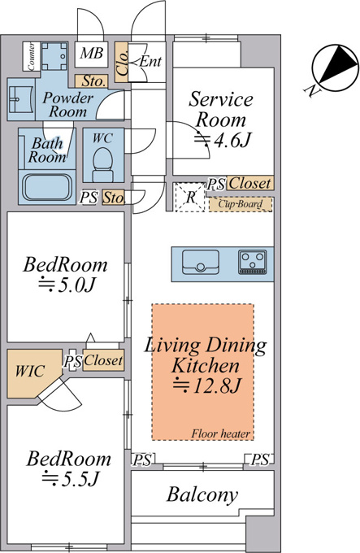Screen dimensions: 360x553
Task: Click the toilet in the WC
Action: tap(102, 164)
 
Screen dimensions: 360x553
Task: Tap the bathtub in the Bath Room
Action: tap(47, 187)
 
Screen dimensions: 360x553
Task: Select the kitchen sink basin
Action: tap(201, 262)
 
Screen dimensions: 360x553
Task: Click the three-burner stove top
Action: tap(253, 262)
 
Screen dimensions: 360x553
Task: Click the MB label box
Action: tap(91, 54)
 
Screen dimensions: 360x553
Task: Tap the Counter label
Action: tap(32, 56)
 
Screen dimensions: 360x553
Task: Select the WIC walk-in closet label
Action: tap(30, 372)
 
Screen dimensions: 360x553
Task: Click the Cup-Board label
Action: tap(241, 204)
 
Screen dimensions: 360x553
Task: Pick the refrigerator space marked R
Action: tap(190, 197)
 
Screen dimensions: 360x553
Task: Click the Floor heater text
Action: tap(221, 433)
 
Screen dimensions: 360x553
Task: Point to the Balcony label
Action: tap(202, 494)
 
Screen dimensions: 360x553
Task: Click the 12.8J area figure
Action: tap(207, 385)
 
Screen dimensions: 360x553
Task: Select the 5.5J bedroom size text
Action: tap(70, 478)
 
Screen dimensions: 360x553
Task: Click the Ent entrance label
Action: tap(150, 61)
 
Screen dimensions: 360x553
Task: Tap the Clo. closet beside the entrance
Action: tap(122, 63)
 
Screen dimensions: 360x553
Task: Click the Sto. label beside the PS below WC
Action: tap(114, 198)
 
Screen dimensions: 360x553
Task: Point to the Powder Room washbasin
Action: tap(21, 99)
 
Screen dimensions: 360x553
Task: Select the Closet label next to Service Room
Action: tap(249, 184)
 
